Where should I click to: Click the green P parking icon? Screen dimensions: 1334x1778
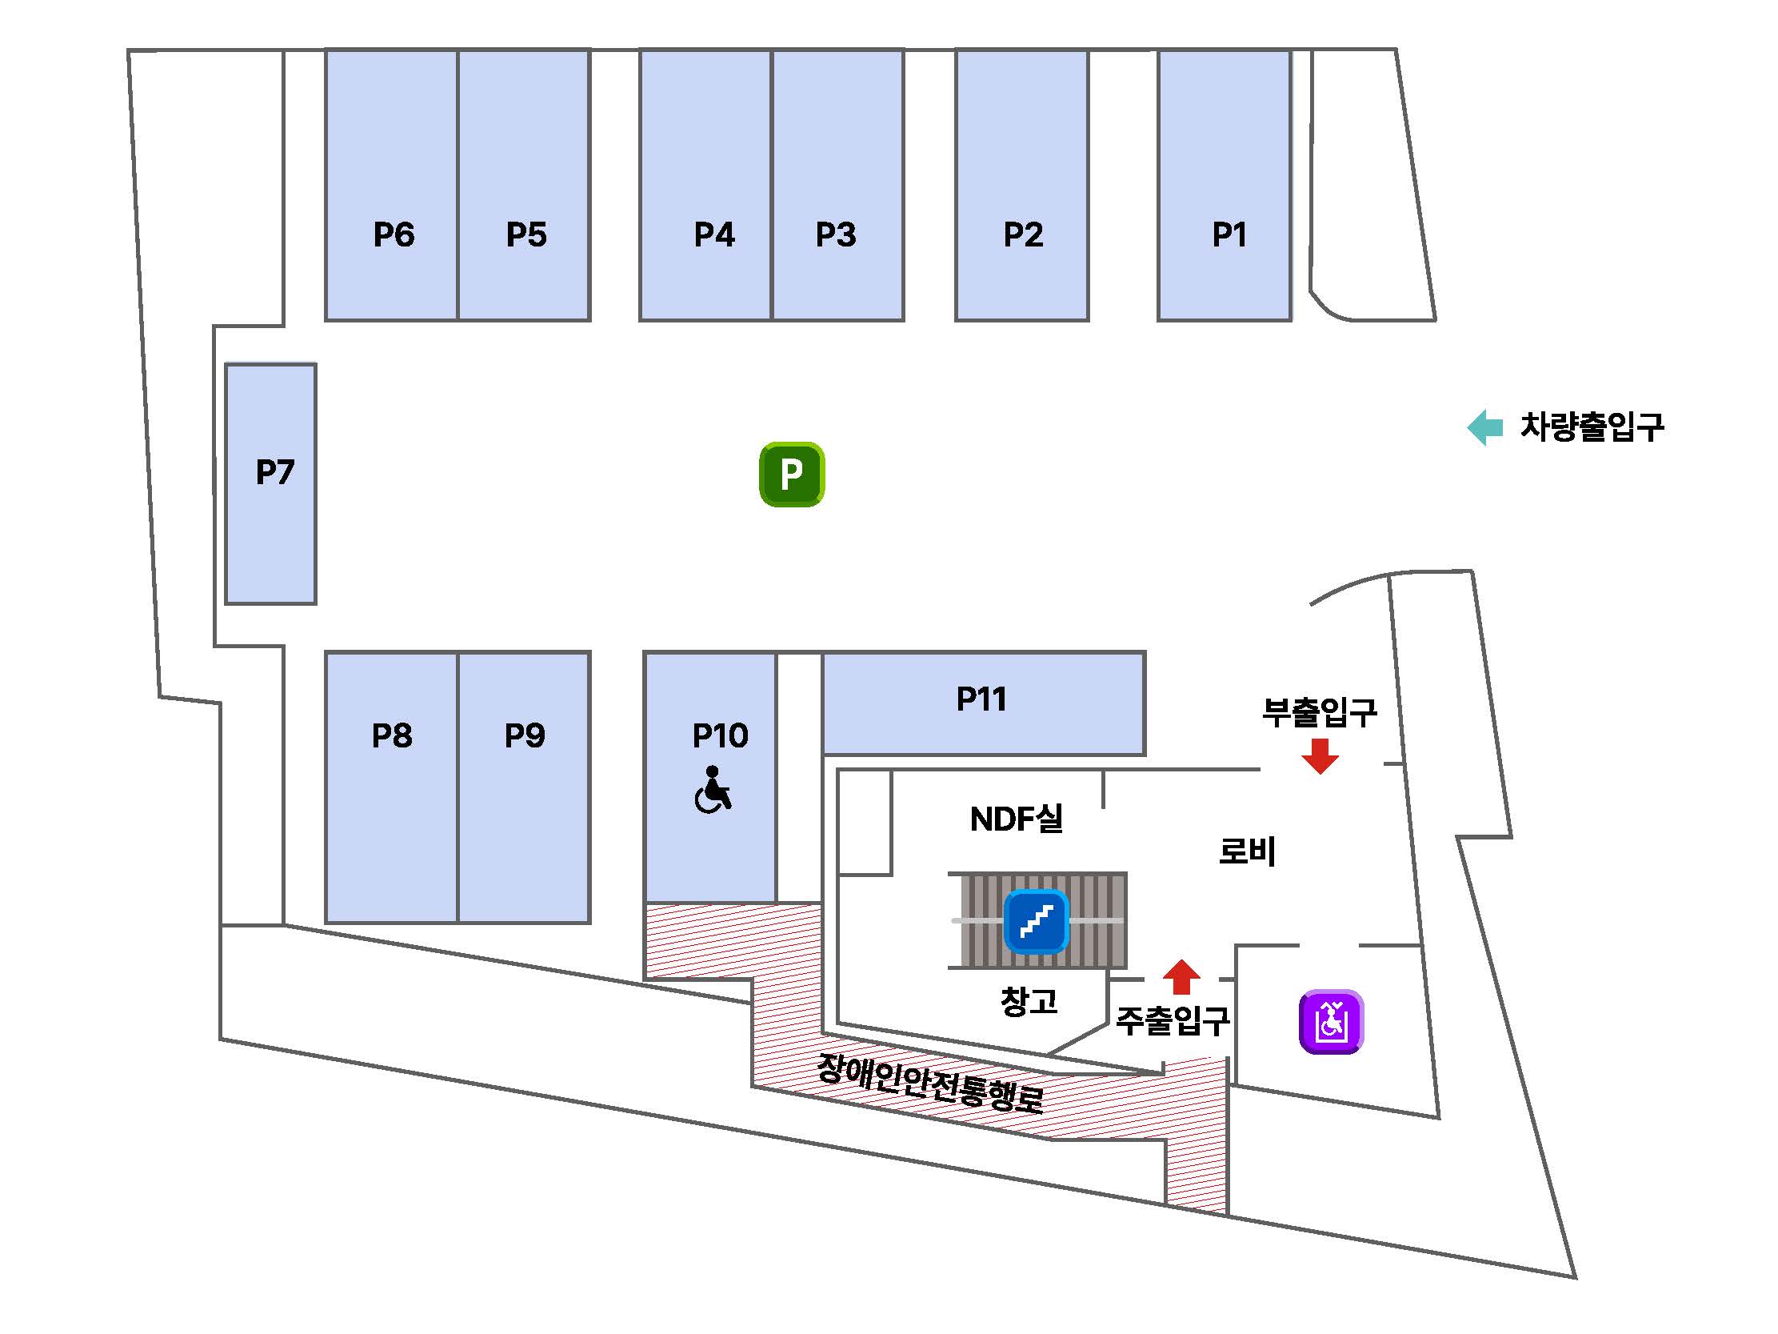point(792,475)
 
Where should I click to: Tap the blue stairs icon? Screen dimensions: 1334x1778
point(1036,922)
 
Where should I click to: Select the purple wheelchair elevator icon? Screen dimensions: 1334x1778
point(1331,1022)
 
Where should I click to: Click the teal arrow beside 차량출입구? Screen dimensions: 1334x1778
point(1484,427)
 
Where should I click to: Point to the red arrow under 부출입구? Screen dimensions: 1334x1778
point(1319,756)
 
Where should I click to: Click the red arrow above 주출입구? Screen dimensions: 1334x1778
point(1181,977)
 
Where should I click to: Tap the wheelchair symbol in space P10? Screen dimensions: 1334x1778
point(713,791)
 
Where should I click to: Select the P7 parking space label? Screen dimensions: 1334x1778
point(275,472)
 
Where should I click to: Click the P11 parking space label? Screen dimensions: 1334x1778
point(981,699)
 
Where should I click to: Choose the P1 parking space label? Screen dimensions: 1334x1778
point(1229,234)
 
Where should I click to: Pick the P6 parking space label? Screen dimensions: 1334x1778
point(394,234)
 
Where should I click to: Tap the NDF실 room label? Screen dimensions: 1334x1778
point(1016,819)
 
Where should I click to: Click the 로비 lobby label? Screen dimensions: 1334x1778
point(1247,851)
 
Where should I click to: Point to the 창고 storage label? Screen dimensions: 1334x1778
point(1029,1001)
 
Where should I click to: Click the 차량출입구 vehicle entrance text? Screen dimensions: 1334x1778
point(1592,427)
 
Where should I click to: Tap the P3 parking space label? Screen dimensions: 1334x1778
point(836,234)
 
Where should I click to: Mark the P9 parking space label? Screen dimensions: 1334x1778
point(524,735)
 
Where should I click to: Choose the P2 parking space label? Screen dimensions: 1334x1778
point(1023,234)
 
